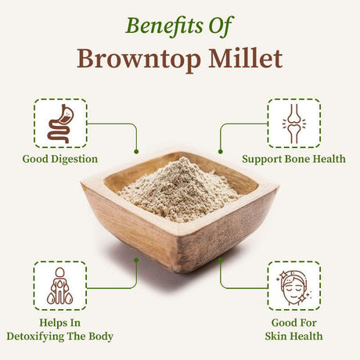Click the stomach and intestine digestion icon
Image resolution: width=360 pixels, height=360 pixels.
click(x=60, y=123)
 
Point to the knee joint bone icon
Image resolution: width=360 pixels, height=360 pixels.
click(x=294, y=123)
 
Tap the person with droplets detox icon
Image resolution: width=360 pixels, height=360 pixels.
click(x=60, y=286)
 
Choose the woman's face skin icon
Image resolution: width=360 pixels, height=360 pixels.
click(x=294, y=286)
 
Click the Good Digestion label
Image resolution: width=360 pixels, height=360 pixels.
click(x=60, y=159)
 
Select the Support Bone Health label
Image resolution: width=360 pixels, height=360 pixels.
click(x=293, y=159)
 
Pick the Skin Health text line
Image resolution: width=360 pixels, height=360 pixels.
click(x=293, y=337)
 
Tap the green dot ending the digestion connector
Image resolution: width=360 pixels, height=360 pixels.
click(x=136, y=150)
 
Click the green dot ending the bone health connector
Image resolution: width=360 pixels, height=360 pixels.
click(x=220, y=150)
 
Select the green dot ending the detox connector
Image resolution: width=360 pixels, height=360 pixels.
click(x=136, y=259)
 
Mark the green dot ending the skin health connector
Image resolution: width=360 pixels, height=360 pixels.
click(x=220, y=259)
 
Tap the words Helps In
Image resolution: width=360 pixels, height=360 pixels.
click(x=60, y=322)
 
